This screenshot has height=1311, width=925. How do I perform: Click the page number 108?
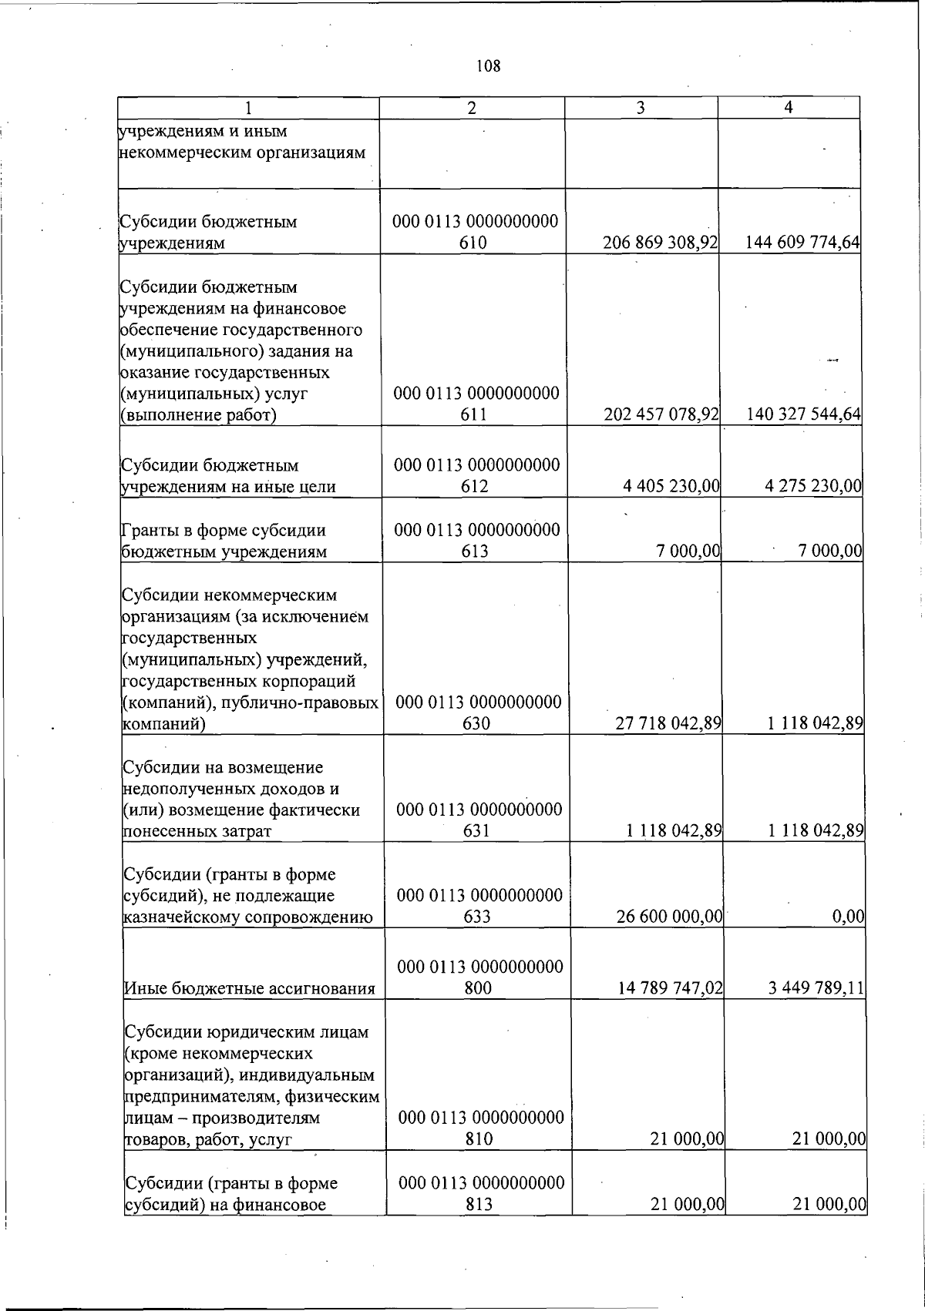tap(488, 66)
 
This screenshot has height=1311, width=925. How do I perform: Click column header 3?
tap(641, 109)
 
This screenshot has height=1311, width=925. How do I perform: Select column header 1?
tap(247, 109)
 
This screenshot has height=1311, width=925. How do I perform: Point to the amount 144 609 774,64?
tap(802, 243)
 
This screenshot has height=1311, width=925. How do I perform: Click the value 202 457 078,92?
tap(661, 414)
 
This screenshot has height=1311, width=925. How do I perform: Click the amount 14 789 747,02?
tap(670, 987)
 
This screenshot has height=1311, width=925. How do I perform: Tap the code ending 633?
tap(479, 906)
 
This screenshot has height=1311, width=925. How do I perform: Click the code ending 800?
tap(479, 977)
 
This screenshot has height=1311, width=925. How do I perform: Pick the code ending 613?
tap(476, 541)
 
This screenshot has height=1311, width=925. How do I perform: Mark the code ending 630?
tap(478, 712)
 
